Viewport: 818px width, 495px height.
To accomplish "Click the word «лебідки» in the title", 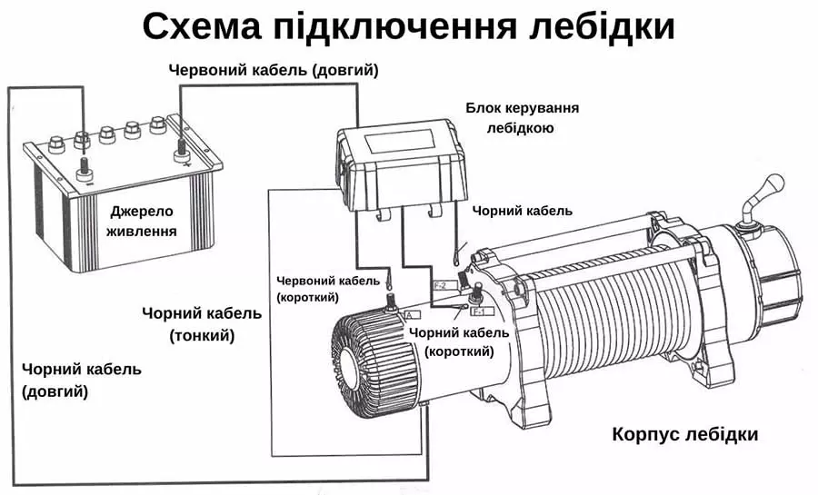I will (601, 27).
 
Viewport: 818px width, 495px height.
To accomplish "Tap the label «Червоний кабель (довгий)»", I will (274, 70).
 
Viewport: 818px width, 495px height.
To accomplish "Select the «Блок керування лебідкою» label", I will (522, 118).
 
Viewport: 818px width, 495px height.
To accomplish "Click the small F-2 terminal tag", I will (444, 285).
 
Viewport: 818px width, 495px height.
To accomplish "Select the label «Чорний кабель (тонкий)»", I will (202, 324).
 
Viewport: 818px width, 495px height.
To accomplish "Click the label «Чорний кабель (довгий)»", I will (81, 380).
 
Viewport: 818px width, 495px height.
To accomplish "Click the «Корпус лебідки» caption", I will (684, 433).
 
